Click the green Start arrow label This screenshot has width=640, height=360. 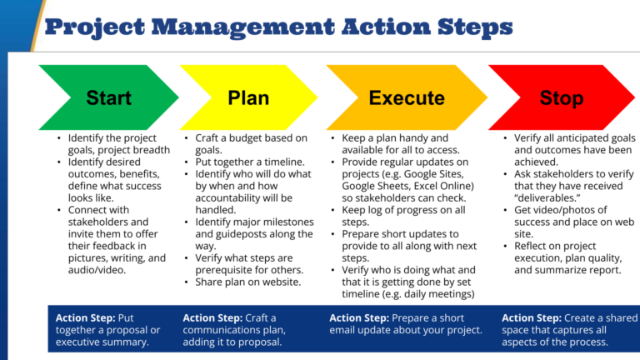(x=108, y=97)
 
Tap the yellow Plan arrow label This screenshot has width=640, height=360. (x=247, y=97)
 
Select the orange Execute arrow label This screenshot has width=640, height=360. (x=407, y=97)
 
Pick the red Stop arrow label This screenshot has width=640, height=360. (x=561, y=97)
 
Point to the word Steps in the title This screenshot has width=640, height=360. (x=472, y=27)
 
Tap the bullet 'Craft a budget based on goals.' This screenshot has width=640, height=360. (x=251, y=143)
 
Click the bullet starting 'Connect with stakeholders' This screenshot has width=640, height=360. (x=108, y=240)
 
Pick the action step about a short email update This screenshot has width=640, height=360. (x=406, y=323)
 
